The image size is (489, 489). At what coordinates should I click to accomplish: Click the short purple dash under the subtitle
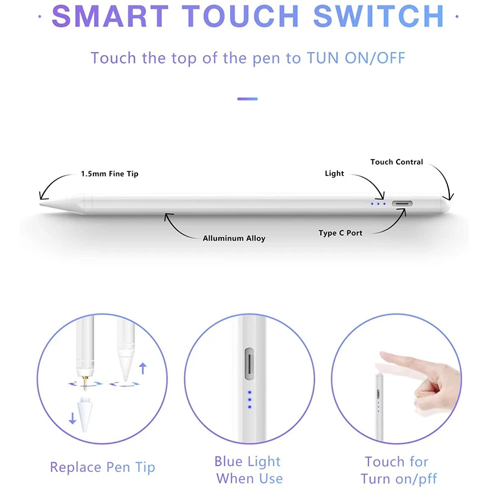click(247, 98)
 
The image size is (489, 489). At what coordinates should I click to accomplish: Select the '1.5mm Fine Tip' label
click(109, 174)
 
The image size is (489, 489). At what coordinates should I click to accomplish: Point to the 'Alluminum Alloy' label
click(234, 238)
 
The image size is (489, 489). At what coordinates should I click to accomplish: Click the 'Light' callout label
click(334, 174)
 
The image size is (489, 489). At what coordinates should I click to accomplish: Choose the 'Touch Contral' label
click(397, 162)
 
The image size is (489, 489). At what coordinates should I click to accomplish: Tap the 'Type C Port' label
click(340, 233)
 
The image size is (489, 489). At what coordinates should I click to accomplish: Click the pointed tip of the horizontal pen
click(42, 204)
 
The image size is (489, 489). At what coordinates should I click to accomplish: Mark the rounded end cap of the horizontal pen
click(449, 204)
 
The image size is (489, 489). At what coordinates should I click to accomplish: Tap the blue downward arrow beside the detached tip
click(73, 419)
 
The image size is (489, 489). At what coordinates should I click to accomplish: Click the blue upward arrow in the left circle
click(144, 368)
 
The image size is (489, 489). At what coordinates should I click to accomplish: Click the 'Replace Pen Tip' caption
click(103, 468)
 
